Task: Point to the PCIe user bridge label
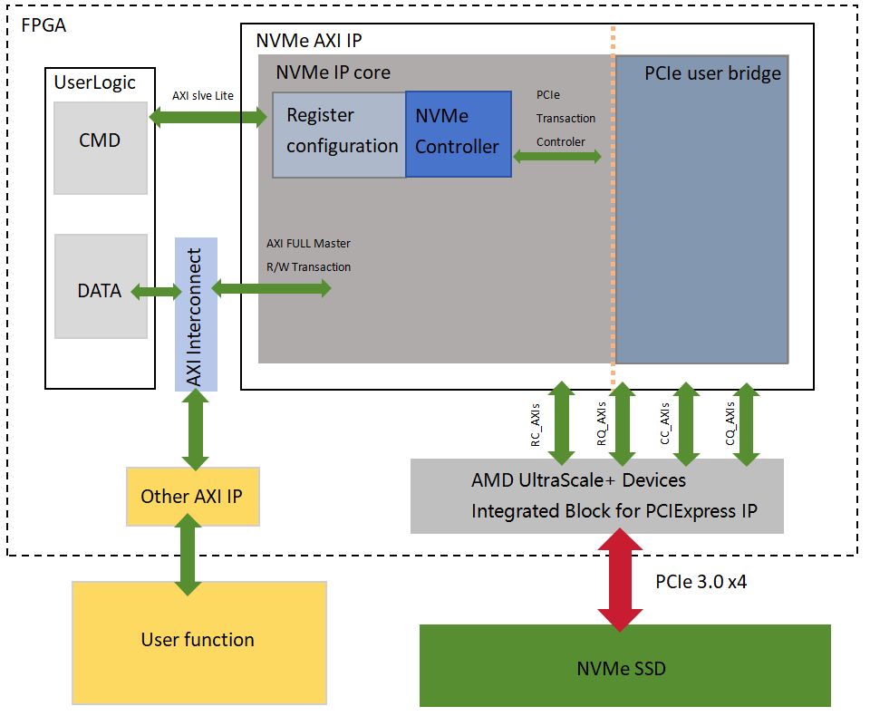(712, 73)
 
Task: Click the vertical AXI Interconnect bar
(196, 314)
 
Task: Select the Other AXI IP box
(193, 496)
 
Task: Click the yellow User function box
(198, 641)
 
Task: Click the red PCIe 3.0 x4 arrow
(621, 581)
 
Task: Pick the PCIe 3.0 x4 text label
(701, 582)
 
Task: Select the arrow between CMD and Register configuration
(208, 116)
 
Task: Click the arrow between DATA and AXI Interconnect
(156, 292)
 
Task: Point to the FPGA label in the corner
(43, 24)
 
